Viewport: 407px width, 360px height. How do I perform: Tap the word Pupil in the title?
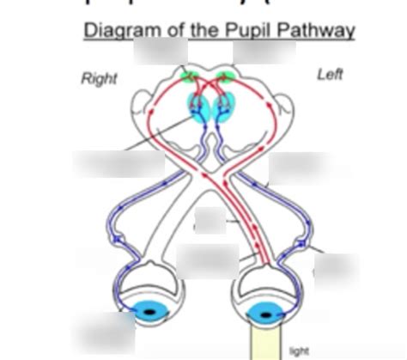(x=230, y=32)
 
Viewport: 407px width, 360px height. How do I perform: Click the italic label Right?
(x=99, y=79)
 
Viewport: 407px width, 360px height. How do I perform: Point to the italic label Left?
(x=331, y=76)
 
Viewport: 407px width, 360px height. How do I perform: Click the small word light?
(x=300, y=351)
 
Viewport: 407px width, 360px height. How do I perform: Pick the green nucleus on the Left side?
(x=227, y=76)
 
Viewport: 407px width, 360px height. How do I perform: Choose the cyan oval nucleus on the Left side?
(x=222, y=108)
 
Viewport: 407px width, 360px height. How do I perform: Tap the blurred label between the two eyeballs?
(x=208, y=258)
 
